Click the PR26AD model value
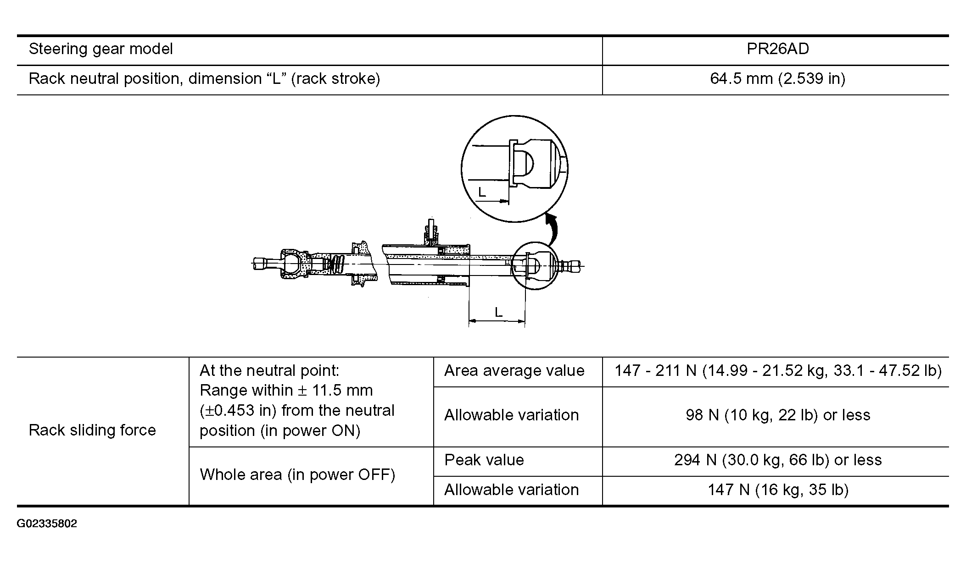(x=777, y=49)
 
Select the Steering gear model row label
(x=101, y=49)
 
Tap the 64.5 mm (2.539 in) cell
(x=777, y=79)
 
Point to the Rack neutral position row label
(x=204, y=79)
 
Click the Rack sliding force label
(x=92, y=430)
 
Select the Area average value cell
(x=514, y=370)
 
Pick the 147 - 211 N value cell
(x=778, y=370)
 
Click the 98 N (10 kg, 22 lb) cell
(x=778, y=415)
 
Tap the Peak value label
(x=484, y=460)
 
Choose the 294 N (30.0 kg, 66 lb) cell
(x=778, y=460)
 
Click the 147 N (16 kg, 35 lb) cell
(x=778, y=490)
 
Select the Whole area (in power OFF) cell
(x=297, y=474)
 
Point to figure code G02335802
(x=47, y=523)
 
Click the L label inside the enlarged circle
(x=482, y=192)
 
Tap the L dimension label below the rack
(x=498, y=313)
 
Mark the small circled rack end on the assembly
(x=536, y=266)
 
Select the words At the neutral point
(x=269, y=370)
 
